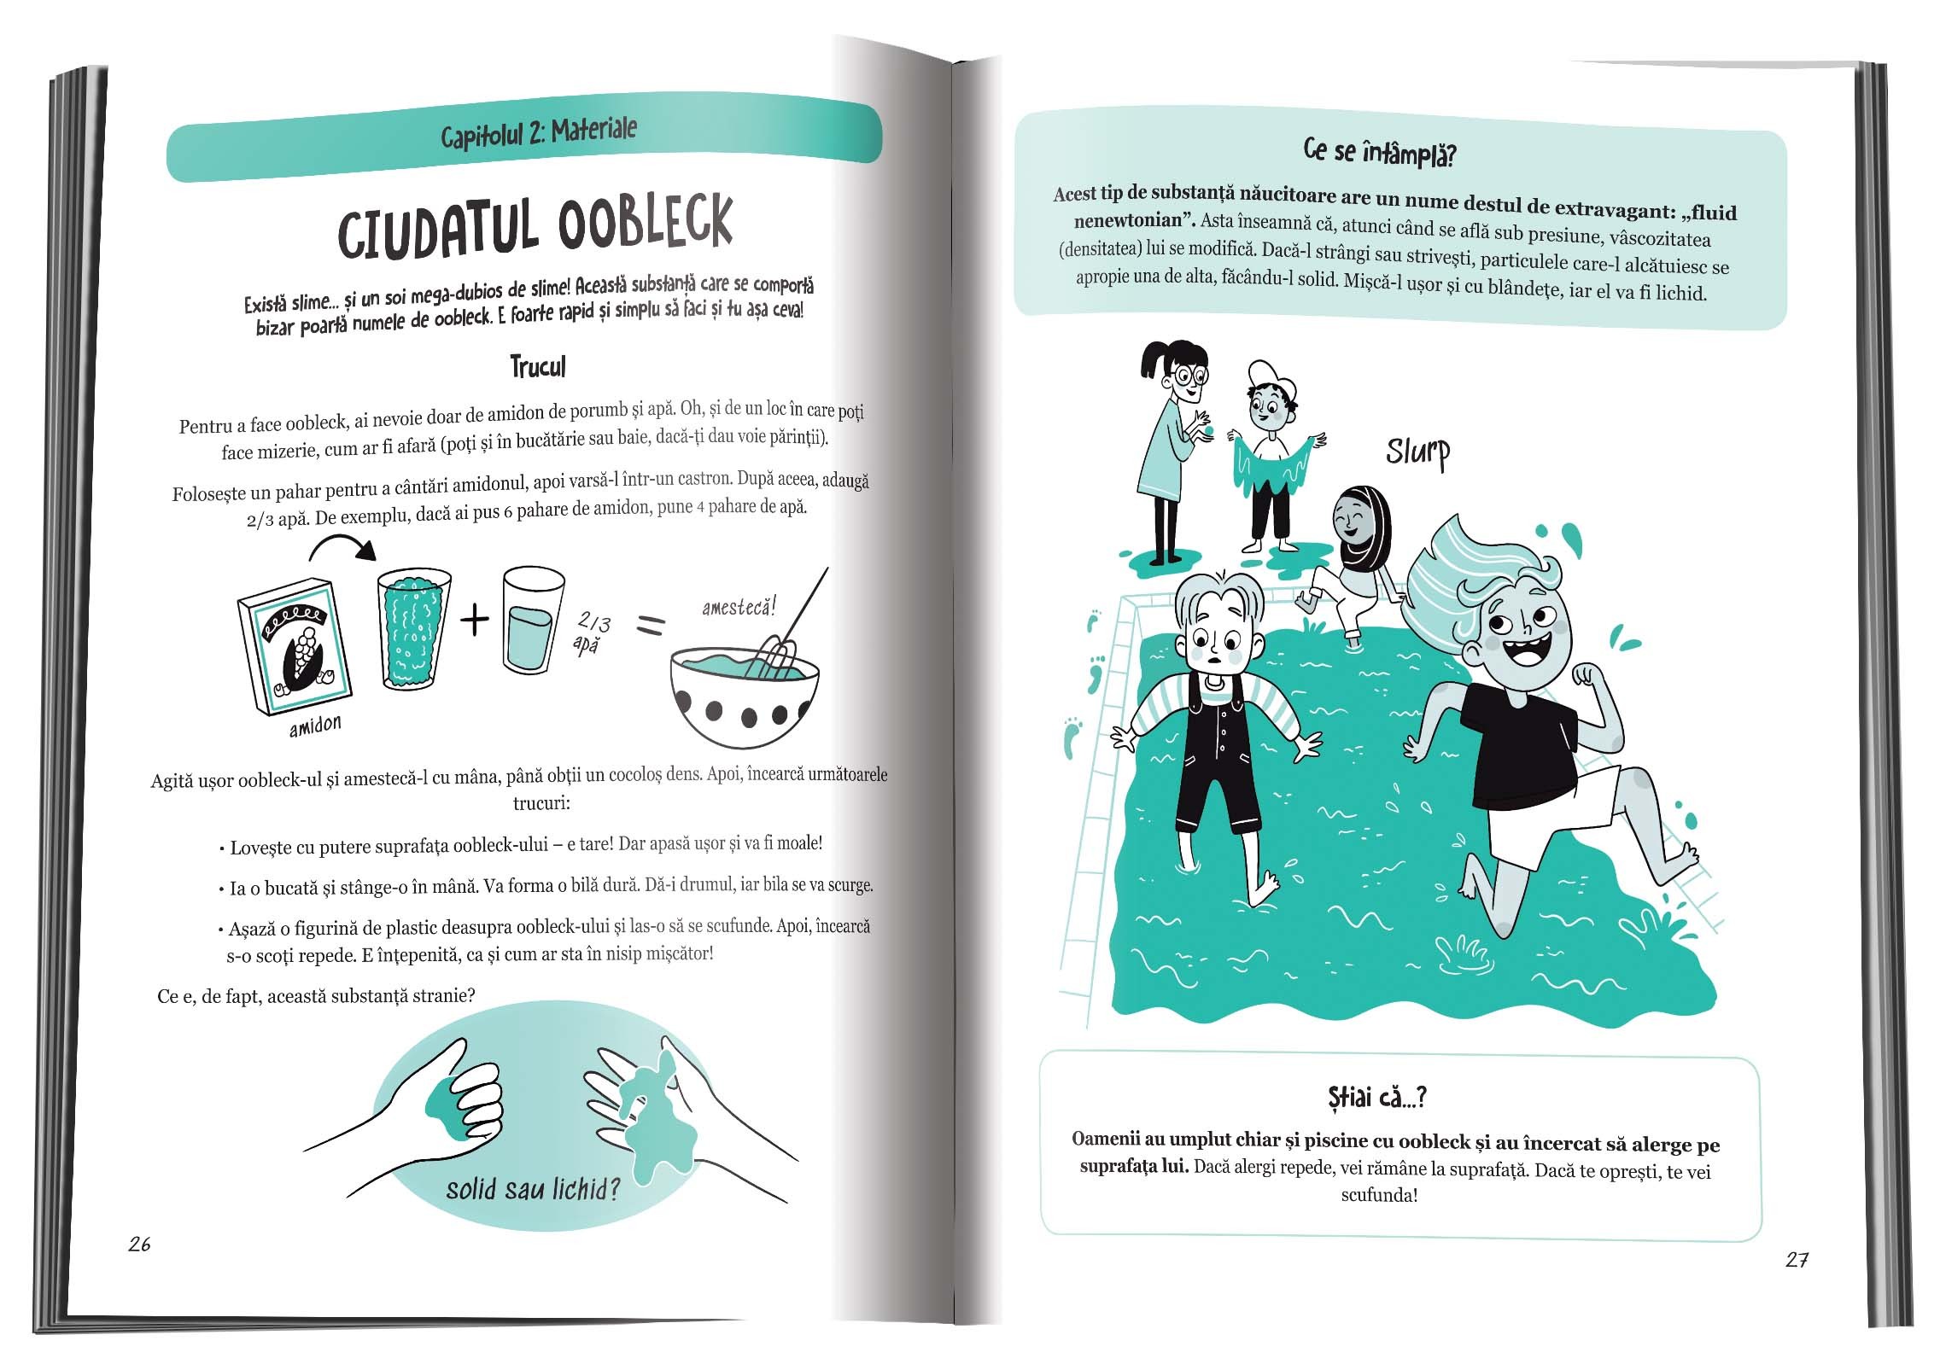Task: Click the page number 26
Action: click(x=139, y=1245)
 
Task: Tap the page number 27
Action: click(x=1797, y=1260)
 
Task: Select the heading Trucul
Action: click(x=538, y=367)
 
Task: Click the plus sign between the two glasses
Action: click(x=475, y=621)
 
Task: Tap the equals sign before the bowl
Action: click(x=651, y=627)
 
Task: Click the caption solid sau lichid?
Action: click(x=532, y=1188)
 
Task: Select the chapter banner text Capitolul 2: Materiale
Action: click(x=539, y=133)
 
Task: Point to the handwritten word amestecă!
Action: click(x=739, y=607)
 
